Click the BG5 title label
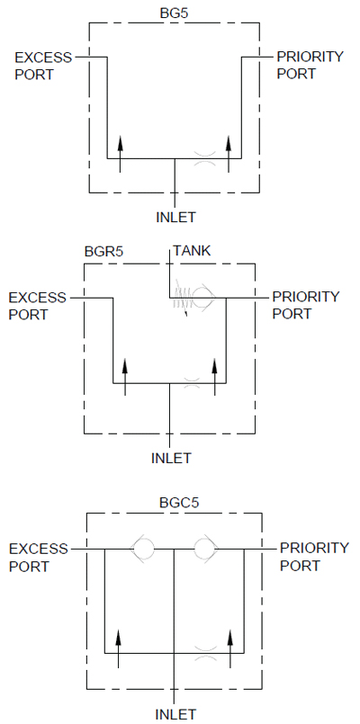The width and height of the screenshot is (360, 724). (x=175, y=13)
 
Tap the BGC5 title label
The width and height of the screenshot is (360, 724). (x=179, y=502)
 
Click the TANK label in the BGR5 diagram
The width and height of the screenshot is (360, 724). (x=192, y=251)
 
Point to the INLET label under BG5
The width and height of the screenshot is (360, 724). (x=175, y=217)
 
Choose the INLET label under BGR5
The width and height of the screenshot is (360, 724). (x=171, y=458)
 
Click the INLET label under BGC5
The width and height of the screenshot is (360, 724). (x=175, y=714)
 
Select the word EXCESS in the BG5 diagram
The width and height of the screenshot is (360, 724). (x=43, y=58)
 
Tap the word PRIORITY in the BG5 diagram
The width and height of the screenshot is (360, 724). (x=310, y=57)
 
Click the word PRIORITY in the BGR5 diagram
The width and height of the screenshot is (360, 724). (x=305, y=297)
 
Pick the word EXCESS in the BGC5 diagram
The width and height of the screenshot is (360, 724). (x=39, y=549)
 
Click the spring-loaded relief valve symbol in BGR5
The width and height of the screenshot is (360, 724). (x=193, y=298)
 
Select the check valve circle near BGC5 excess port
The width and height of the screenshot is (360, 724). (x=142, y=549)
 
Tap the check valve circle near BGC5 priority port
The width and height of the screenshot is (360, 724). (x=205, y=549)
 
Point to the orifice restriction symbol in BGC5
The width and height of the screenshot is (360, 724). (x=206, y=653)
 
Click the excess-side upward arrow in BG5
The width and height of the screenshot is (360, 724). (x=120, y=154)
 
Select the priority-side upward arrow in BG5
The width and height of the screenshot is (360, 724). (x=229, y=154)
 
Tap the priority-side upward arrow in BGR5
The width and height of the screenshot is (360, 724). (x=214, y=377)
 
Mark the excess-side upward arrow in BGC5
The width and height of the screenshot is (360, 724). (x=118, y=648)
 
